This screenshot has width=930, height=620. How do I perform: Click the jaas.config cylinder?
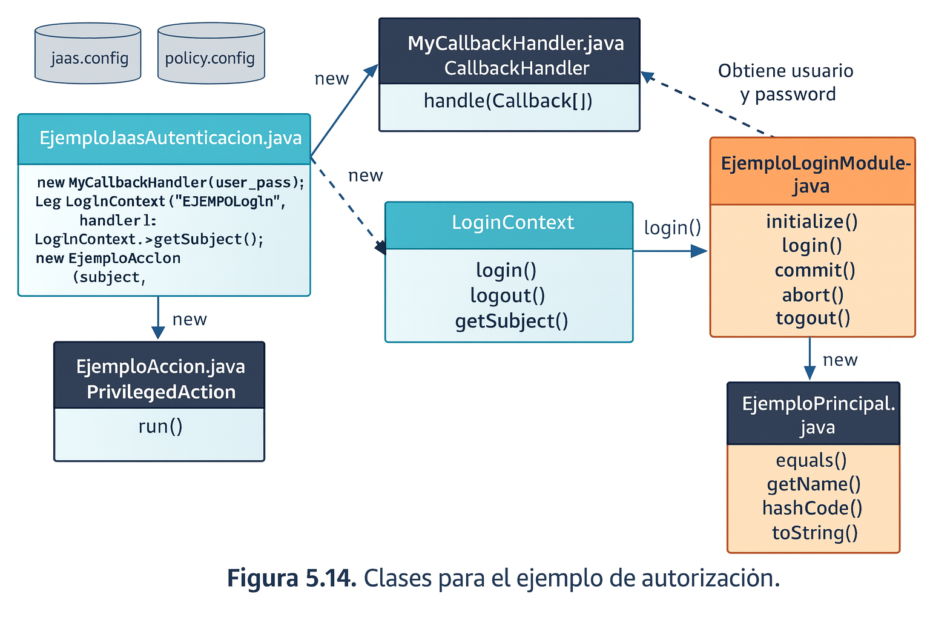pos(88,54)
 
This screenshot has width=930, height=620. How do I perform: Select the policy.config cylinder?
pos(211,54)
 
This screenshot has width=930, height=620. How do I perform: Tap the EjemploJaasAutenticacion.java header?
pos(170,138)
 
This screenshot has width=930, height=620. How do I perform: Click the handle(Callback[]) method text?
pos(508,101)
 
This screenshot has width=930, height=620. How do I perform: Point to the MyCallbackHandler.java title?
pos(515,44)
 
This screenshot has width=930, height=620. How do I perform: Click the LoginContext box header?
pos(512,223)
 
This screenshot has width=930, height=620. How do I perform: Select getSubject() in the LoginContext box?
pos(512,321)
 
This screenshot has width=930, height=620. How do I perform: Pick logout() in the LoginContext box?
pos(507,295)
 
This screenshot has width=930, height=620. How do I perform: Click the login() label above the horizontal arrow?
pos(672,228)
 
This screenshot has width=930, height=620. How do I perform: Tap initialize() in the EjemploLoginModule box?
pos(811,222)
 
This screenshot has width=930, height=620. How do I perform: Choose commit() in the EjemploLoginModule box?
pos(814,270)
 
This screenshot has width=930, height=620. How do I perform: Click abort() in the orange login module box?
pos(813,295)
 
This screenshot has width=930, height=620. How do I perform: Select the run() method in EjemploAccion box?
pos(160,426)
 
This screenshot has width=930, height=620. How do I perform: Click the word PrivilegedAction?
pos(161,392)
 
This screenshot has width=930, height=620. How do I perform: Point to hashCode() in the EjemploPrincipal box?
pos(812,508)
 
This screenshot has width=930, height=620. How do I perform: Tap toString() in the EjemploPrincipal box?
pos(814,533)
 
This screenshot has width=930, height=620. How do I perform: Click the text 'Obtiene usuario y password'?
pos(786,82)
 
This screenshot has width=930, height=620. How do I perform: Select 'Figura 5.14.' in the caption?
pos(291,578)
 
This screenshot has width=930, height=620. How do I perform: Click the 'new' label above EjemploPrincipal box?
pos(840,360)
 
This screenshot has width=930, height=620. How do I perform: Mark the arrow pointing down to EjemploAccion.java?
pos(158,318)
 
